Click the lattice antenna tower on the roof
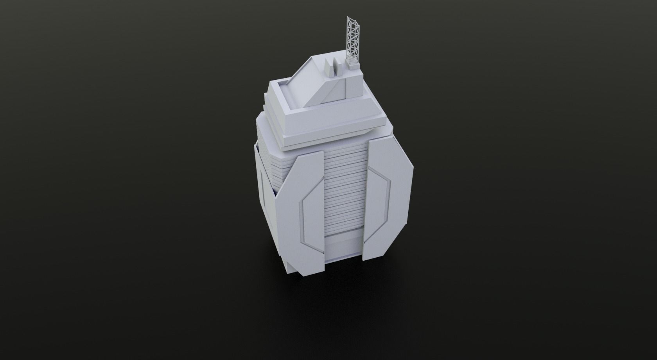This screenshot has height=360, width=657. coord(352,39)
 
